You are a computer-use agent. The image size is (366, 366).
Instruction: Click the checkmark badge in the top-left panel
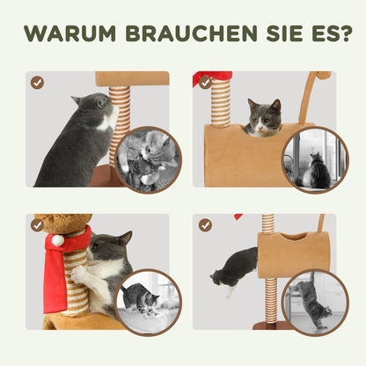[37, 82]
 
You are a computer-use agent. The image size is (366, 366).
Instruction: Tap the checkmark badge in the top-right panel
[204, 82]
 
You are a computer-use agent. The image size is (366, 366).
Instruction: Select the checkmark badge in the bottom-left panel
[37, 225]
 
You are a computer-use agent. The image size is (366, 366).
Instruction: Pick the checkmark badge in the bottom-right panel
[204, 225]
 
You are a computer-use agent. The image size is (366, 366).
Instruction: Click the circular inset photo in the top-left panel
[146, 158]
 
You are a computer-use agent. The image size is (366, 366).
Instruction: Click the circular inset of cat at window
[313, 158]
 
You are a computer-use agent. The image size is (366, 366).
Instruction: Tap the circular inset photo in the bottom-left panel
[146, 301]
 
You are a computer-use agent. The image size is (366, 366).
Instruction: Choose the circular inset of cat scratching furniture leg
[313, 301]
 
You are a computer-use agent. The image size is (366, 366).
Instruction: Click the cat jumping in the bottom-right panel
[232, 267]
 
